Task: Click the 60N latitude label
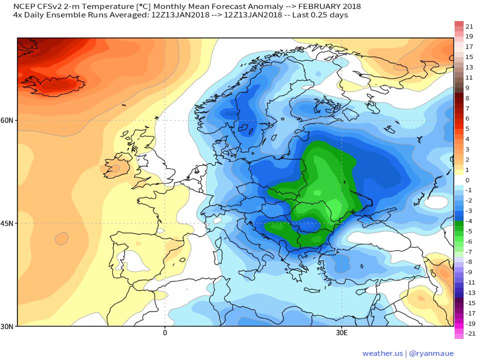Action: tap(6, 120)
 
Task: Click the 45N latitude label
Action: tap(6, 223)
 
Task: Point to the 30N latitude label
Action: tap(6, 326)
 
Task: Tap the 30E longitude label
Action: tap(341, 333)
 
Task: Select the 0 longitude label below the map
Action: tap(165, 333)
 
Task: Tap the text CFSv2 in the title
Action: tap(48, 6)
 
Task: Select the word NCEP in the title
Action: tap(24, 6)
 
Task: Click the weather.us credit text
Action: tap(382, 353)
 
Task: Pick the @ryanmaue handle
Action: tap(431, 353)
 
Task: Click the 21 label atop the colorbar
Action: tap(469, 26)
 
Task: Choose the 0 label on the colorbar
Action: tap(467, 180)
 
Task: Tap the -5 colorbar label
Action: tap(468, 231)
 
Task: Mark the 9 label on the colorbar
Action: tap(467, 88)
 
